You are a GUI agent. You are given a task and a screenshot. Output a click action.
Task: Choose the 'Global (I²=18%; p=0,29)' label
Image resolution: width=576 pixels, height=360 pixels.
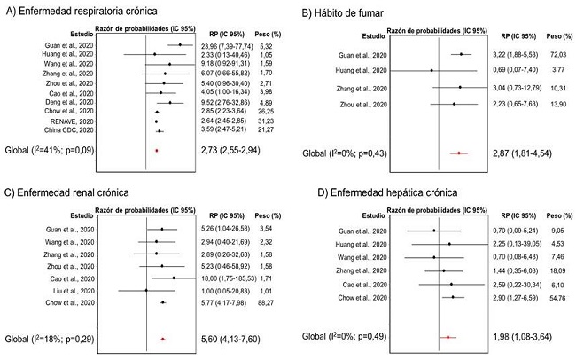point(56,339)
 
